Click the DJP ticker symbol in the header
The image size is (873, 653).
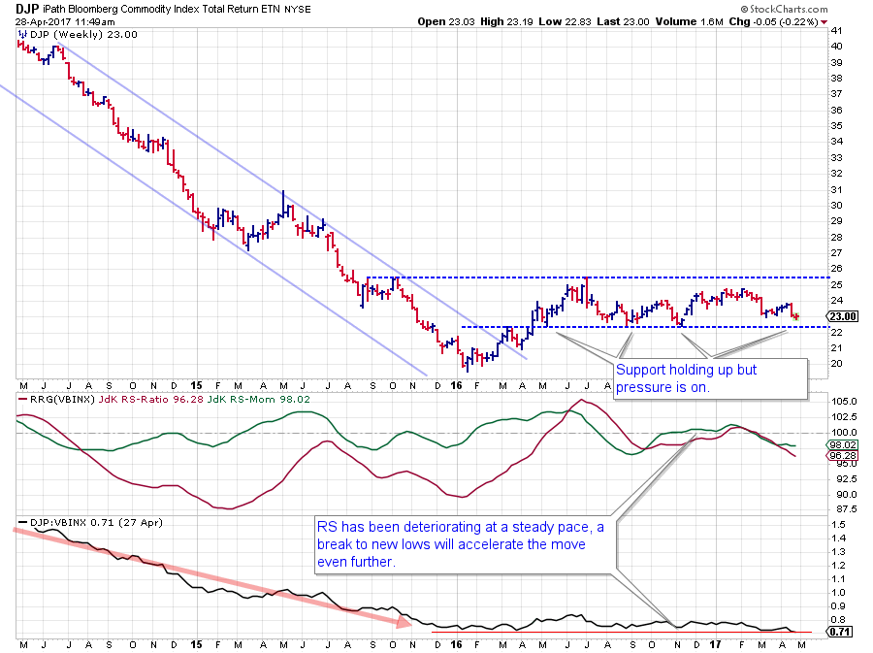[27, 8]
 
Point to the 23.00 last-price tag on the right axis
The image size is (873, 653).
[840, 316]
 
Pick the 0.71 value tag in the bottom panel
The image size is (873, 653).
[840, 631]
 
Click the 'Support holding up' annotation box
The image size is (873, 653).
[709, 378]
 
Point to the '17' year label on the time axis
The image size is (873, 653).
[713, 642]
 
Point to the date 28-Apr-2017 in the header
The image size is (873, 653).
[45, 20]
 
